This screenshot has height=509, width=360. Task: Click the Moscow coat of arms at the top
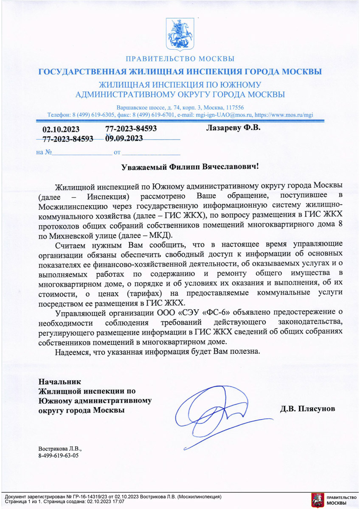tap(180, 34)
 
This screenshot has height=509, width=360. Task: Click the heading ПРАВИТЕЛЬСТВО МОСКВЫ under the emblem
tap(180, 59)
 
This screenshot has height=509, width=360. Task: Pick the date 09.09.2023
tap(124, 138)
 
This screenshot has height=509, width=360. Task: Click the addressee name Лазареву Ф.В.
tap(233, 128)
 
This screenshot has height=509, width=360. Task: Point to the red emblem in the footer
tap(316, 500)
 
